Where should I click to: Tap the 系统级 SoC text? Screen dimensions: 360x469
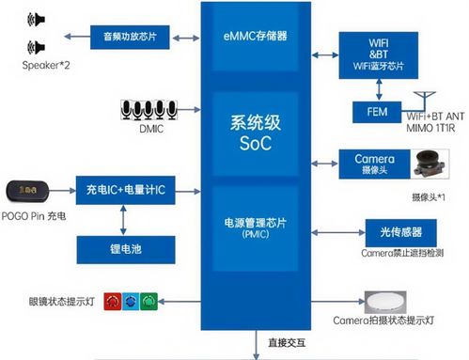tap(257, 133)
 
